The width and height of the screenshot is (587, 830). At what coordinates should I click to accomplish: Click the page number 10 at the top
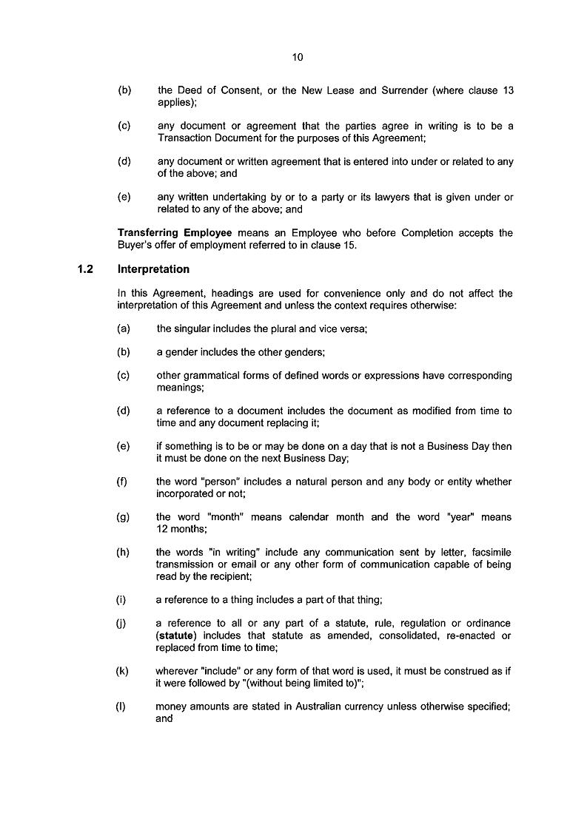pos(298,57)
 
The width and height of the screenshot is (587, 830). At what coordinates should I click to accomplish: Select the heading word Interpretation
pos(153,269)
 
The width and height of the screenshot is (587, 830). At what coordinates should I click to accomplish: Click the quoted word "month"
pos(221,517)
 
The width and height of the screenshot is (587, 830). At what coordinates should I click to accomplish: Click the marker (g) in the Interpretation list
pos(123,517)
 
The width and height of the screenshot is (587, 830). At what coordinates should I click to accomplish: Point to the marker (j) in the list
pos(121,624)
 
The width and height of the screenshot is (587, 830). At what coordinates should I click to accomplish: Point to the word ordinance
pos(486,624)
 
